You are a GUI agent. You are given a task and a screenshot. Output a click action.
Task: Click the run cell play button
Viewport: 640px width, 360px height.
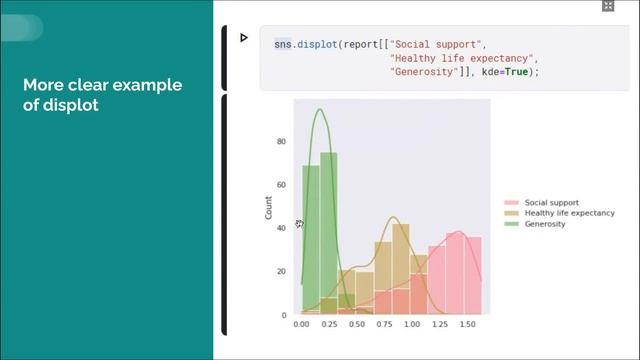(244, 38)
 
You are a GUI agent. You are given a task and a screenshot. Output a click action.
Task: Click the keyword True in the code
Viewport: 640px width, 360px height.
(518, 73)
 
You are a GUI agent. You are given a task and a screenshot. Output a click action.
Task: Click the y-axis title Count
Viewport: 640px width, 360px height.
(268, 208)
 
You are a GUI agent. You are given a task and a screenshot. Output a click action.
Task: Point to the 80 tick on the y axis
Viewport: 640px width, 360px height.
(281, 142)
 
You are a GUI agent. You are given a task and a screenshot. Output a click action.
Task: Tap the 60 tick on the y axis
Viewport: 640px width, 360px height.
(281, 185)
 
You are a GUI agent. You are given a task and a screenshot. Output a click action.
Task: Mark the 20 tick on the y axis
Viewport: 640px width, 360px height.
(281, 272)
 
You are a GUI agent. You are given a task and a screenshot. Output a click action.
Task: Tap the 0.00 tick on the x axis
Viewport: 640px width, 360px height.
(302, 325)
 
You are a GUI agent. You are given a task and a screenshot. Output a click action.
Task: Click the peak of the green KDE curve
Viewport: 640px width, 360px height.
(320, 110)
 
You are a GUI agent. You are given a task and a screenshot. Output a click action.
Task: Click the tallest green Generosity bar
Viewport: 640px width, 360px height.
(328, 230)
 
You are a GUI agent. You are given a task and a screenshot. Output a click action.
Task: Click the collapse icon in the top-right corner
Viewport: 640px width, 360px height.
(607, 6)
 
